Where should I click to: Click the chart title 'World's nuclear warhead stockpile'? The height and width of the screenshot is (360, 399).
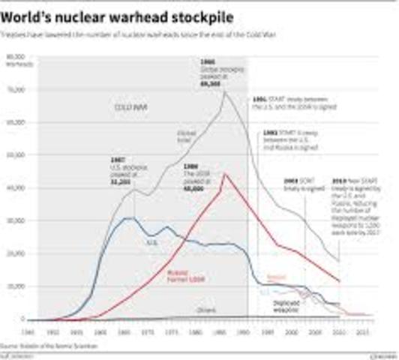click(121, 13)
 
